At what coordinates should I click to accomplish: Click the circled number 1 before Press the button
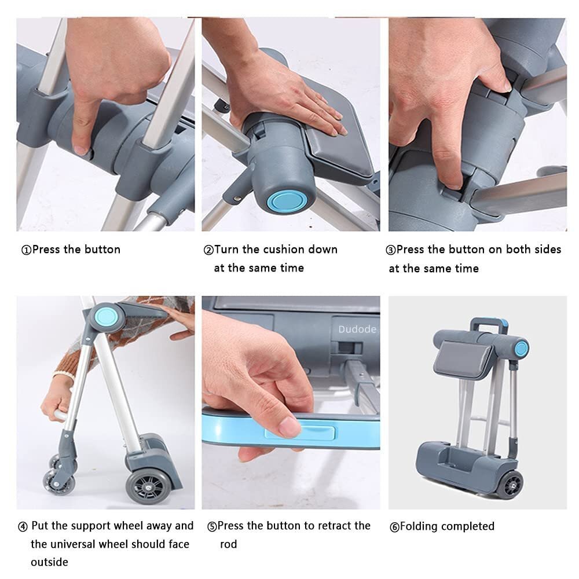[x=26, y=250]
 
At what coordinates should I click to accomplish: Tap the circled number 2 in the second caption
[x=208, y=250]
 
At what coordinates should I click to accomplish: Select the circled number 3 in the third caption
[x=390, y=250]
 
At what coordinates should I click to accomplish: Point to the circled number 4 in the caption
[x=23, y=526]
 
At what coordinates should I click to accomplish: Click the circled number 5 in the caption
[x=212, y=526]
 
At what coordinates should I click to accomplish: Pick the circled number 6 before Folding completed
[x=394, y=527]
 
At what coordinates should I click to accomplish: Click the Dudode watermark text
[x=357, y=329]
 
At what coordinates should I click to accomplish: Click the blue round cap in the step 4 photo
[x=106, y=317]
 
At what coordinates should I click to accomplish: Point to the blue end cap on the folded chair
[x=522, y=349]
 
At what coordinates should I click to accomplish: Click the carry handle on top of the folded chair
[x=488, y=324]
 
